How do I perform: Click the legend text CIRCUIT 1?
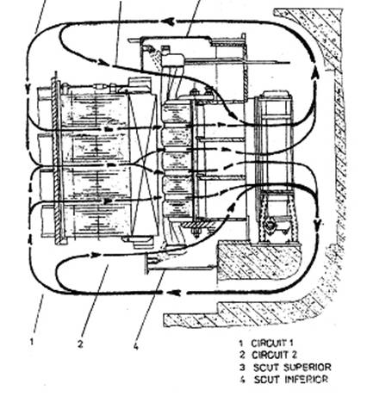point(272,343)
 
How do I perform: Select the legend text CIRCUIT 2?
point(274,355)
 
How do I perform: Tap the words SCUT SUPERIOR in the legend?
point(292,367)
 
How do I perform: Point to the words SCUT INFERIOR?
point(291,380)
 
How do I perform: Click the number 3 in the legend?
point(243,368)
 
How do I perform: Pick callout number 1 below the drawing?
point(32,342)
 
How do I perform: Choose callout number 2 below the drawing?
point(80,343)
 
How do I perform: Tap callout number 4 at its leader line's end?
point(136,347)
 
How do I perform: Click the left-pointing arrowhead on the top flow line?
point(170,22)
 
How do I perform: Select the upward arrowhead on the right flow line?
point(315,72)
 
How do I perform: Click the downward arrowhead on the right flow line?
point(318,225)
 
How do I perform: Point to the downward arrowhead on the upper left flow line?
point(28,88)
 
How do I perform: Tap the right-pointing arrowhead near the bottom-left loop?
point(96,255)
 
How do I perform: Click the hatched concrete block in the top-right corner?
point(314,34)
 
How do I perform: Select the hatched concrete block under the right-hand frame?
point(258,260)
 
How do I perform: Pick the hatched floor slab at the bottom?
point(244,314)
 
